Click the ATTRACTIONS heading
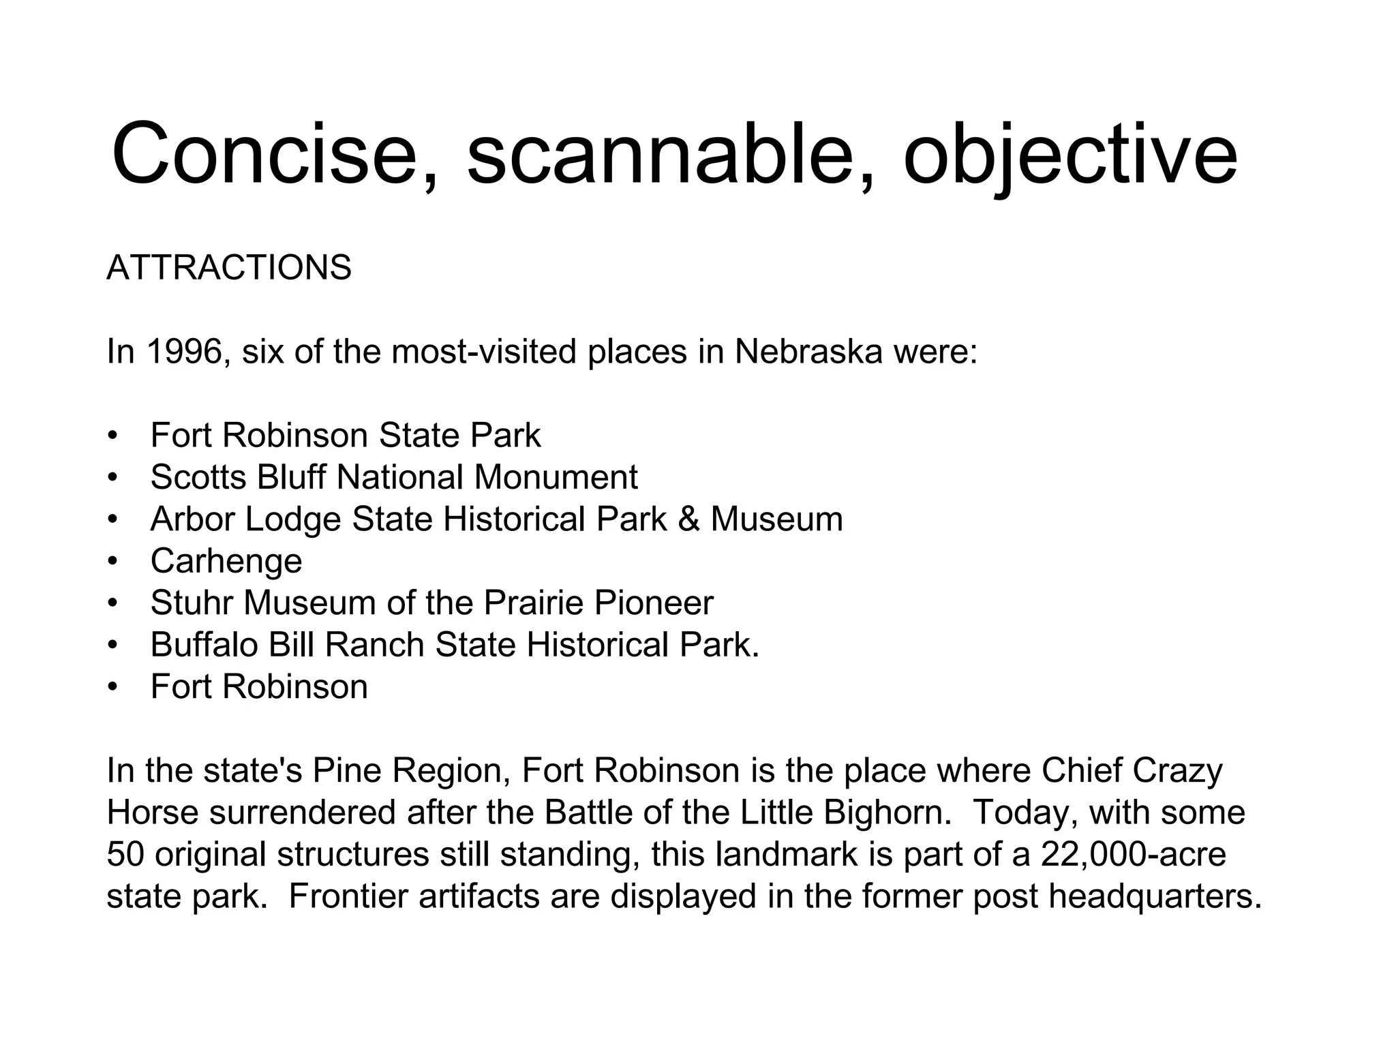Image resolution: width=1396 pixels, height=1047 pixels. coord(229,267)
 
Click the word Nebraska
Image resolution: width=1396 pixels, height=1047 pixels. coord(808,352)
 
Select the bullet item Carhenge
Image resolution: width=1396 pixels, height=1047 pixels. coord(226,561)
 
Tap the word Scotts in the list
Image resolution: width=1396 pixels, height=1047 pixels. coord(198,477)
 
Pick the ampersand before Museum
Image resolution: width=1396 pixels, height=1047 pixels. coord(688,519)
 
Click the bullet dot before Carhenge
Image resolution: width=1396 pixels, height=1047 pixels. coord(113,562)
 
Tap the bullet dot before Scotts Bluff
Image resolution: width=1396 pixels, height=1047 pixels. coord(113,478)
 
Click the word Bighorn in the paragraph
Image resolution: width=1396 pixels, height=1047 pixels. coord(886,813)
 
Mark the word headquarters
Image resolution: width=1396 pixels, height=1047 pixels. coord(1155,896)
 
